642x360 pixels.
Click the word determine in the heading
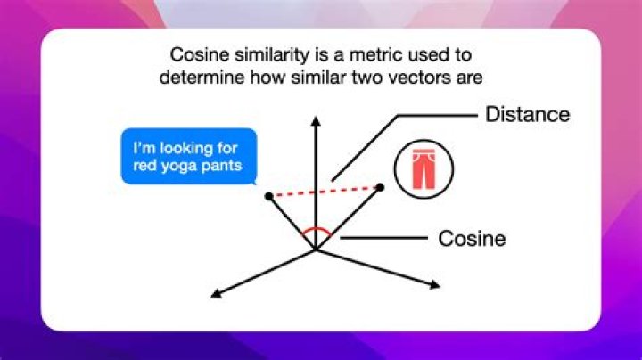coord(202,78)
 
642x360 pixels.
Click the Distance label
coord(527,114)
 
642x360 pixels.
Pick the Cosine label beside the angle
coord(472,239)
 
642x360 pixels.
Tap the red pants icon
coord(424,169)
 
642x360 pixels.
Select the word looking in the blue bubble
coord(186,148)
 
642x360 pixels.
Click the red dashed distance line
coord(325,192)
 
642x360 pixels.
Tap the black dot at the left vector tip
coord(269,196)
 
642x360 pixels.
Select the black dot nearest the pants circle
coord(381,187)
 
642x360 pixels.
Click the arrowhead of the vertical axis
coord(316,121)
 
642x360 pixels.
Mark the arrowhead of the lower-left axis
coord(216,292)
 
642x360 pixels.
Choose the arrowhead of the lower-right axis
coord(435,285)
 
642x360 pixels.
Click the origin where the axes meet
coord(316,250)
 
